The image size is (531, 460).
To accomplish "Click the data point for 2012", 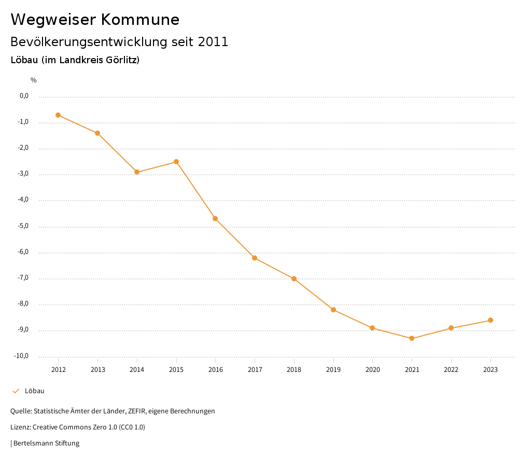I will pyautogui.click(x=58, y=115).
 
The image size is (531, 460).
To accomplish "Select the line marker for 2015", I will pyautogui.click(x=176, y=162).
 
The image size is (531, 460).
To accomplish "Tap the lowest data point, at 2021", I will pyautogui.click(x=412, y=338).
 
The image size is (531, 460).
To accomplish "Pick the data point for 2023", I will pyautogui.click(x=491, y=320).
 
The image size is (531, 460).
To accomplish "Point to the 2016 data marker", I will pyautogui.click(x=215, y=219).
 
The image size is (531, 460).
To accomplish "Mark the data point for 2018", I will pyautogui.click(x=294, y=279).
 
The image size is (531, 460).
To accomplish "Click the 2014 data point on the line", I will pyautogui.click(x=137, y=172).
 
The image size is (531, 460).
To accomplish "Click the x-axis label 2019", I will pyautogui.click(x=333, y=370).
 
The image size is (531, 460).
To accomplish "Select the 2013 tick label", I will pyautogui.click(x=97, y=370).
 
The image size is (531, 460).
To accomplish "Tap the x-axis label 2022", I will pyautogui.click(x=451, y=370).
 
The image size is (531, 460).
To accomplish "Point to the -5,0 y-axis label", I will pyautogui.click(x=24, y=226).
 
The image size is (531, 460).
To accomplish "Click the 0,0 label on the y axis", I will pyautogui.click(x=24, y=96).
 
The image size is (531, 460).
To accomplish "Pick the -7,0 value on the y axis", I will pyautogui.click(x=24, y=278).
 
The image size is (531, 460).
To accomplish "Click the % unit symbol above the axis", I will pyautogui.click(x=33, y=80).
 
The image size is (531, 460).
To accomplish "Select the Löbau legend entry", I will pyautogui.click(x=34, y=391).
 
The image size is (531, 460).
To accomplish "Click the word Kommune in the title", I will pyautogui.click(x=140, y=20).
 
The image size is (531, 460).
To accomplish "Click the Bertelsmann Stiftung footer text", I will pyautogui.click(x=46, y=443).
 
